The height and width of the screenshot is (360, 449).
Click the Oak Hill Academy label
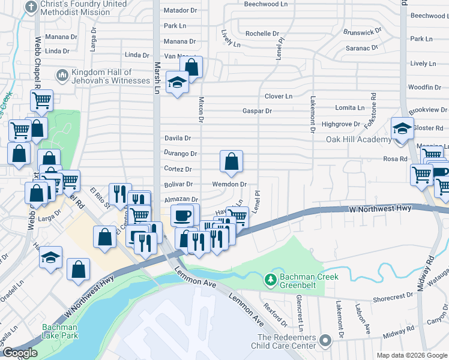pos(358,139)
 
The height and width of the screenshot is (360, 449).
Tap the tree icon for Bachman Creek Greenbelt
pos(271,280)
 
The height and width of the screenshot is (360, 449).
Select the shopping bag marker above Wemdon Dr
pos(231,161)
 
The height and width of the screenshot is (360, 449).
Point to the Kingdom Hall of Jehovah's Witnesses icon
pos(61,76)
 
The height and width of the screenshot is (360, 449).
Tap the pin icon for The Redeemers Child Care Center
pos(325,341)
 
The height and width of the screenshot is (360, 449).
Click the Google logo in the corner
pos(19,353)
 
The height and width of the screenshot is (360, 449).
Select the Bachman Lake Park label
pos(60,332)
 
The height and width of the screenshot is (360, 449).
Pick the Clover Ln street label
pos(279,96)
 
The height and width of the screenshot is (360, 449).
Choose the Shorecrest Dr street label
pos(393,295)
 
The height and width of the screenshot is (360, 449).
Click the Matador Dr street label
pos(180,11)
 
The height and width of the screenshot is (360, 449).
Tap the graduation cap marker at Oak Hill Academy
pos(402,128)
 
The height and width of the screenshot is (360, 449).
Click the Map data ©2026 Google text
pos(411,355)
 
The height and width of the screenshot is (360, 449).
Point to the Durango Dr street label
pos(181,154)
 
